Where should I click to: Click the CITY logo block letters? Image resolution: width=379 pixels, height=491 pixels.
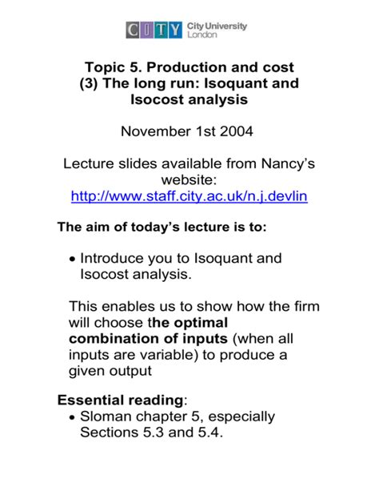pyautogui.click(x=154, y=30)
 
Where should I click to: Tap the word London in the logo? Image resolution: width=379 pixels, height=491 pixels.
pyautogui.click(x=201, y=36)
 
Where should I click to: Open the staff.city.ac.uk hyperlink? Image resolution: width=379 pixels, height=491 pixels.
pyautogui.click(x=189, y=196)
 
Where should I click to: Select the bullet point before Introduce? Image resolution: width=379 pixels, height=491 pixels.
pyautogui.click(x=74, y=260)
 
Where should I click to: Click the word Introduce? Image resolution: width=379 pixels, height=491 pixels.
pyautogui.click(x=117, y=259)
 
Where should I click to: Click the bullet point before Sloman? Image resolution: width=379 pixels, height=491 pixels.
pyautogui.click(x=74, y=417)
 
